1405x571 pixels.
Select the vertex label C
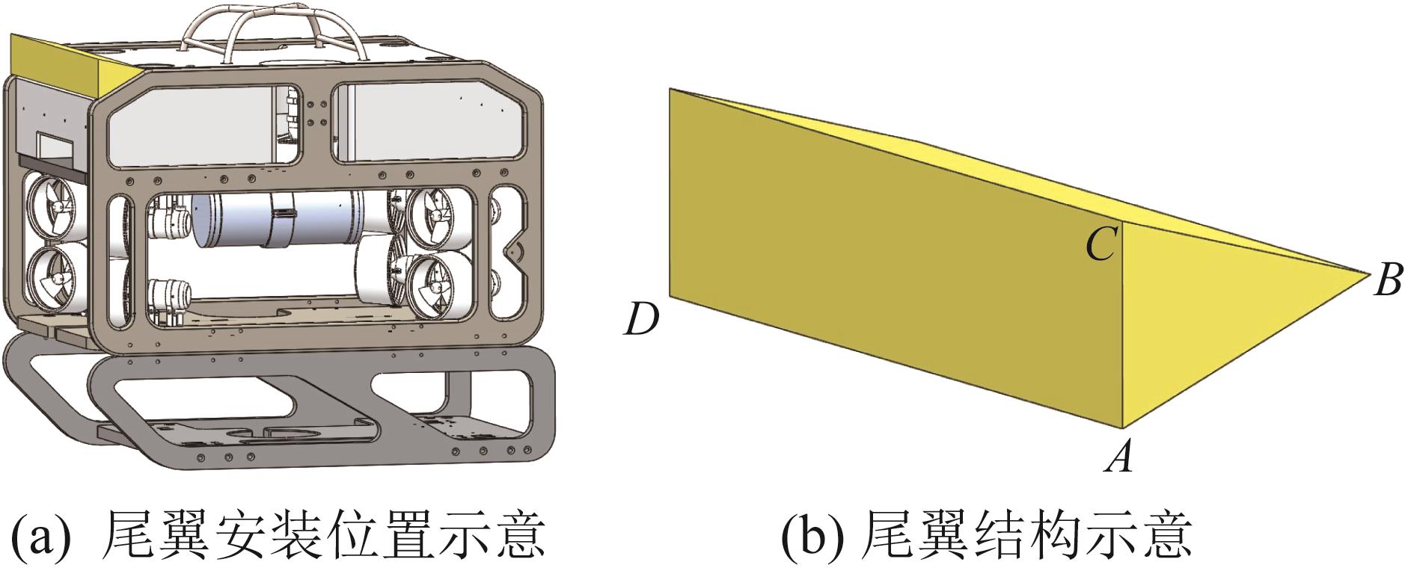pyautogui.click(x=1102, y=244)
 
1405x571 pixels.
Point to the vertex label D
pyautogui.click(x=642, y=320)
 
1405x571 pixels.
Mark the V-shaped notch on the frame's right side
pyautogui.click(x=512, y=255)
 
